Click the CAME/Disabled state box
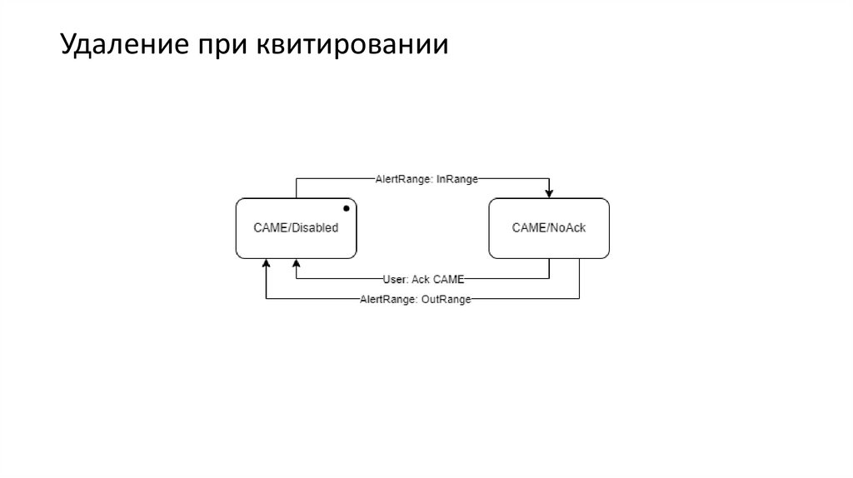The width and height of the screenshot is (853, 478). (296, 241)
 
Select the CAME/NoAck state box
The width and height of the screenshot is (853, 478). (548, 241)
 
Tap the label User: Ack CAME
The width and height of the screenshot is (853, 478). (423, 279)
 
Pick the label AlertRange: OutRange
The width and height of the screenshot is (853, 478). (415, 299)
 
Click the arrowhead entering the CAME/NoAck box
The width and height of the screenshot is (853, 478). (549, 194)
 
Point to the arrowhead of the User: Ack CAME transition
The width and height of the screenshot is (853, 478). (296, 263)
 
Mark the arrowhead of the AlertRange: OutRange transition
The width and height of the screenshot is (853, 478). (266, 263)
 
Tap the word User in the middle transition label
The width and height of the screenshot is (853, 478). (394, 279)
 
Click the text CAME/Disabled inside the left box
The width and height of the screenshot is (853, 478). (296, 227)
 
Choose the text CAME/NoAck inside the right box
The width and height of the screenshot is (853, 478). (548, 227)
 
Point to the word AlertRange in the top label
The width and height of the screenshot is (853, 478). (401, 177)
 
